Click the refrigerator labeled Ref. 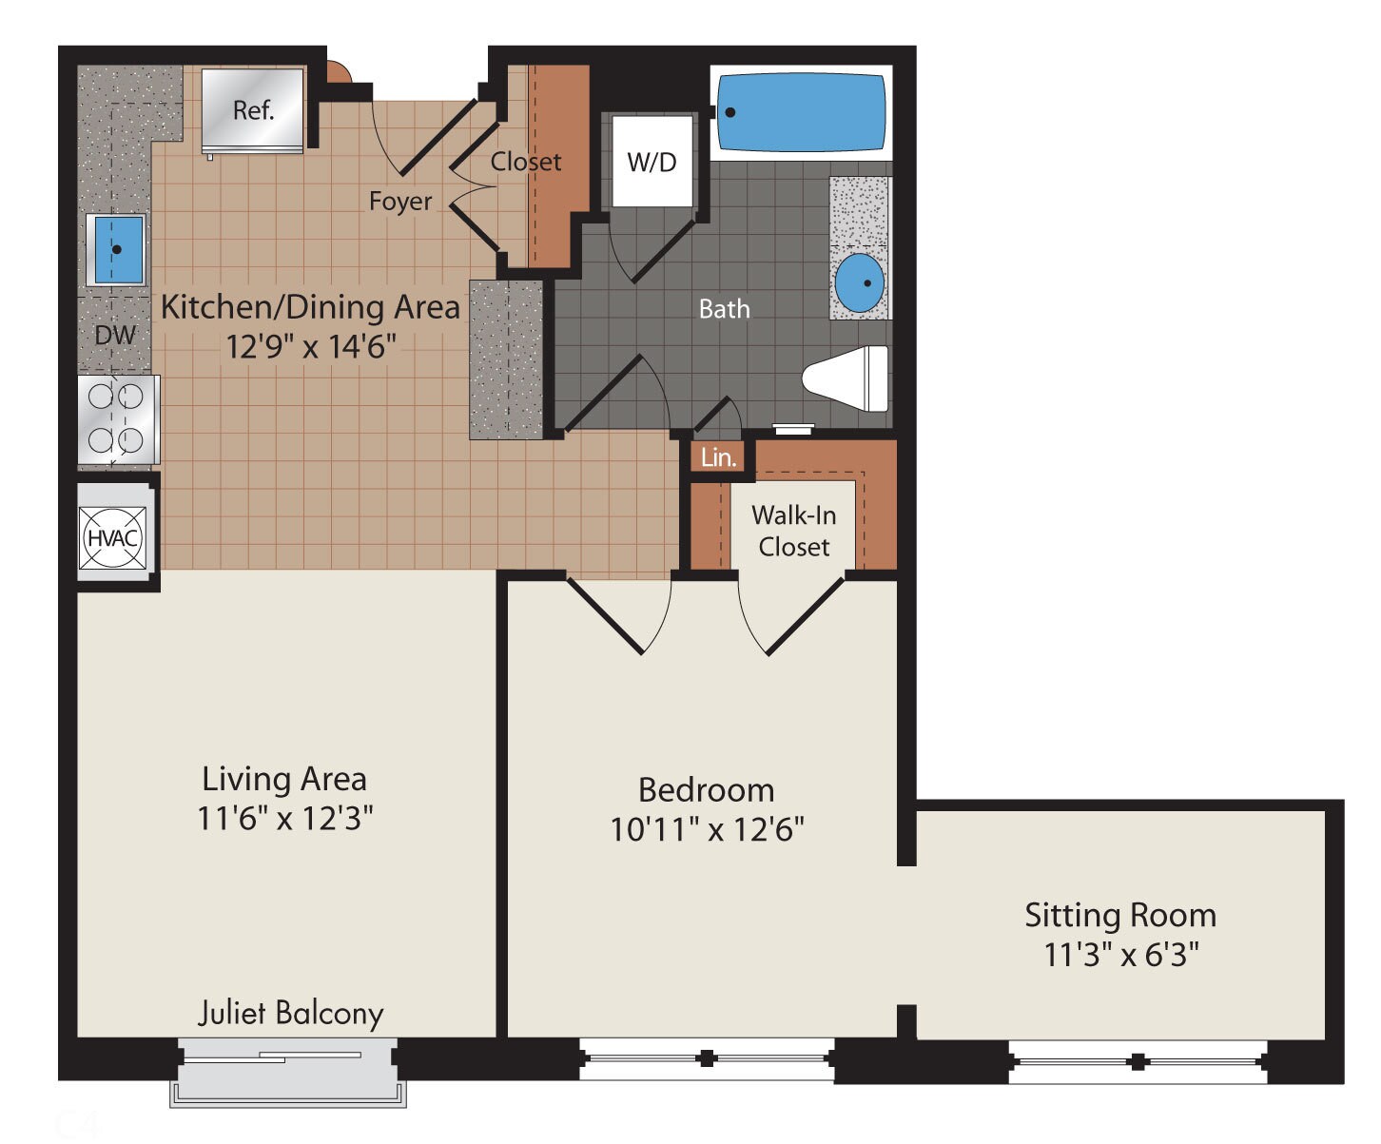pyautogui.click(x=253, y=109)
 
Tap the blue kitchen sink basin pyautogui.click(x=117, y=249)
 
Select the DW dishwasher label pyautogui.click(x=115, y=335)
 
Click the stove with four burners pyautogui.click(x=117, y=419)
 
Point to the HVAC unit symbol pyautogui.click(x=113, y=537)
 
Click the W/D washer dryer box pyautogui.click(x=652, y=162)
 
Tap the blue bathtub pyautogui.click(x=800, y=112)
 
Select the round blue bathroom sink pyautogui.click(x=859, y=282)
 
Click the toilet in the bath pyautogui.click(x=846, y=378)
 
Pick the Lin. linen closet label pyautogui.click(x=718, y=457)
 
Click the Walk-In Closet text pyautogui.click(x=793, y=531)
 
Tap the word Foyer pyautogui.click(x=399, y=202)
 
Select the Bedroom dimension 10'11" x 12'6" pyautogui.click(x=707, y=829)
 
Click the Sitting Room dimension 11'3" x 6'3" pyautogui.click(x=1120, y=954)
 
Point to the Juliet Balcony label pyautogui.click(x=290, y=1013)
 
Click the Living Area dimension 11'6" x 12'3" pyautogui.click(x=284, y=818)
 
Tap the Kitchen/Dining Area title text pyautogui.click(x=310, y=307)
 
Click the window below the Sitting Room pyautogui.click(x=1138, y=1061)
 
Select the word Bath pyautogui.click(x=724, y=309)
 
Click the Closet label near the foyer pyautogui.click(x=525, y=162)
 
